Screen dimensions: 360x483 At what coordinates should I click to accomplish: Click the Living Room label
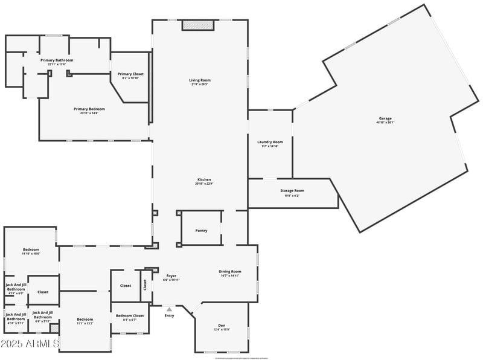coord(200,80)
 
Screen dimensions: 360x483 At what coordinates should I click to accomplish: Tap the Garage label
coord(385,118)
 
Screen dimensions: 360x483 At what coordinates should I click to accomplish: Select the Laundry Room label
coord(270,142)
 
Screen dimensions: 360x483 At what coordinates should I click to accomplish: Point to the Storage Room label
coord(292,191)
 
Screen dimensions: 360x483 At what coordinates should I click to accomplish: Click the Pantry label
coord(202,230)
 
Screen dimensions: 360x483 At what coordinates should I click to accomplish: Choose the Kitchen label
coord(204,179)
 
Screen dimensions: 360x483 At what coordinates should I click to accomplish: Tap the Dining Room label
coord(230,271)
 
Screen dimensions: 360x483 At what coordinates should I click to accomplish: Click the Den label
coord(222,326)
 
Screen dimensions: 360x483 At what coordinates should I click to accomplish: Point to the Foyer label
coord(171,275)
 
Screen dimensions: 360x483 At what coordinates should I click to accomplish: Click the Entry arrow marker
coord(169,309)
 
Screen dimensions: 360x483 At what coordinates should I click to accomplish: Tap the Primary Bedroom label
coord(89,109)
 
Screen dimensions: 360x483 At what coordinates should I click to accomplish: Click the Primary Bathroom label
coord(57,60)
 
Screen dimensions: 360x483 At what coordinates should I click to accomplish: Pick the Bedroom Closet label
coord(130,315)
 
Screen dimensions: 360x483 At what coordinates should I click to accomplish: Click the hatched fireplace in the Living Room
coord(198,25)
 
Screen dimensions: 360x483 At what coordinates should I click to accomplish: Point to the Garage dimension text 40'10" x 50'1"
coord(385,123)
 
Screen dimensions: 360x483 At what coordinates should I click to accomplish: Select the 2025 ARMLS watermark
coord(30,344)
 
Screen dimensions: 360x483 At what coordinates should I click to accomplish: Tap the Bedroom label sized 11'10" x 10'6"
coord(31,249)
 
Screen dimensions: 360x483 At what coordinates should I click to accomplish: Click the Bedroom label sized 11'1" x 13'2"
coord(85,319)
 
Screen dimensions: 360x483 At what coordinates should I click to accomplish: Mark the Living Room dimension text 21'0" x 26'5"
coord(200,84)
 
